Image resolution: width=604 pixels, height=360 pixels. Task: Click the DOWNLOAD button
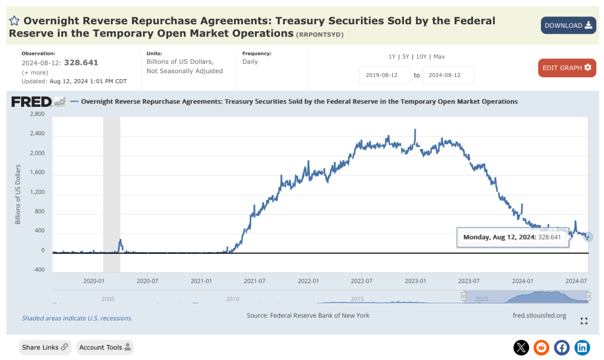[568, 25]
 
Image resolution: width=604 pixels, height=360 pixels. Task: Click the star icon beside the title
[15, 21]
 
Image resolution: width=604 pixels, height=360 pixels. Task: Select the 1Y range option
[392, 57]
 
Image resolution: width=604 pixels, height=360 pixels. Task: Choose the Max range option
[439, 57]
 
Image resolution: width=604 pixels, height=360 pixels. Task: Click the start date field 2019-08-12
[385, 76]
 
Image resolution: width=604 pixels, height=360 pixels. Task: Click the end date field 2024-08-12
[448, 76]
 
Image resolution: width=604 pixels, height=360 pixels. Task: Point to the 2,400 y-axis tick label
[37, 134]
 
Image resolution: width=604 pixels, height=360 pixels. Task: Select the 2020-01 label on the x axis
[94, 281]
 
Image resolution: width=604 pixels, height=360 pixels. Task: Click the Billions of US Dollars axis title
[18, 194]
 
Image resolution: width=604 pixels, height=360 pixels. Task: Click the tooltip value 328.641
[548, 237]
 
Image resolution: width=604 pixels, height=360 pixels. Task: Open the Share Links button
[45, 348]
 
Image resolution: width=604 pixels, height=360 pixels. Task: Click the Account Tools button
[105, 348]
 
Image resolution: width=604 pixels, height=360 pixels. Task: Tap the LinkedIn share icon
[582, 348]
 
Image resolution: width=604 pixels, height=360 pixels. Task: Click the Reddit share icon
[541, 348]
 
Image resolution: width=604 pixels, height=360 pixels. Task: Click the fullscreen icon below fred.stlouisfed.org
[584, 321]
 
